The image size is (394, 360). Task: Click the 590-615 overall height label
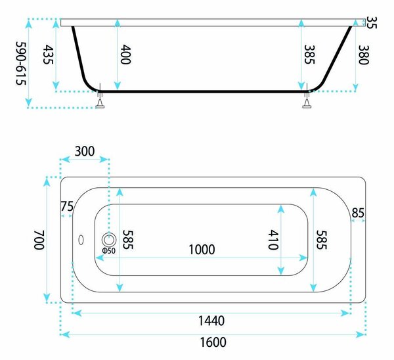(21, 63)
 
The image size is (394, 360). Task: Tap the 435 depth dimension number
(48, 55)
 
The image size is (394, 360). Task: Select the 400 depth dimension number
(125, 55)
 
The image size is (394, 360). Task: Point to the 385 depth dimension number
(309, 55)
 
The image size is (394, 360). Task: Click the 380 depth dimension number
(363, 55)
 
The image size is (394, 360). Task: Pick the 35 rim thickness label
(372, 22)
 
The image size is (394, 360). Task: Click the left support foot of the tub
(100, 100)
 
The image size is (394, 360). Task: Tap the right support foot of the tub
(307, 100)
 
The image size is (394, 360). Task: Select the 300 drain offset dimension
(85, 151)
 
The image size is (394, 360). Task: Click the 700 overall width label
(39, 240)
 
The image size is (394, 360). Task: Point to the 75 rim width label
(67, 206)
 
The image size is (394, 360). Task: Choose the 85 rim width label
(358, 213)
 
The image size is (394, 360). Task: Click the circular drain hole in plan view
(109, 240)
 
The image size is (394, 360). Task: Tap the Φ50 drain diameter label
(108, 251)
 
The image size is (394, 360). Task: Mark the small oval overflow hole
(81, 240)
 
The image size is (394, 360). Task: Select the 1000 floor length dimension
(202, 250)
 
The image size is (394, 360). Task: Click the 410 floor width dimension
(273, 240)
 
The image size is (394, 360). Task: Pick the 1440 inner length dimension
(211, 321)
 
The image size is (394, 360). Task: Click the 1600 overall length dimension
(213, 342)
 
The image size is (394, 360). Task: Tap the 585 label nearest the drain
(127, 240)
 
